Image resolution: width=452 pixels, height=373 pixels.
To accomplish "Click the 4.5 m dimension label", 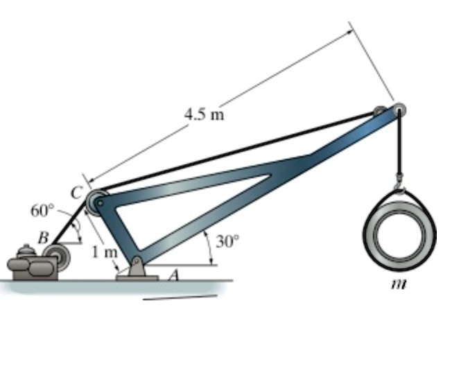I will pos(204,114).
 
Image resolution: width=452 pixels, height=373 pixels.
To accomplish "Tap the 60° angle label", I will pos(41,210).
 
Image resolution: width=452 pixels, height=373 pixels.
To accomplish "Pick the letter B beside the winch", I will pos(43,237).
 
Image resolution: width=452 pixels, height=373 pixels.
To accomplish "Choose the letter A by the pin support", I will pos(174,275).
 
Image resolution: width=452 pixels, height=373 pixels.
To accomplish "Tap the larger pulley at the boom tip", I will pos(399,110).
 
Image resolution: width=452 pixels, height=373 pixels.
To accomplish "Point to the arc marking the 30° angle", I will pos(209,247).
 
